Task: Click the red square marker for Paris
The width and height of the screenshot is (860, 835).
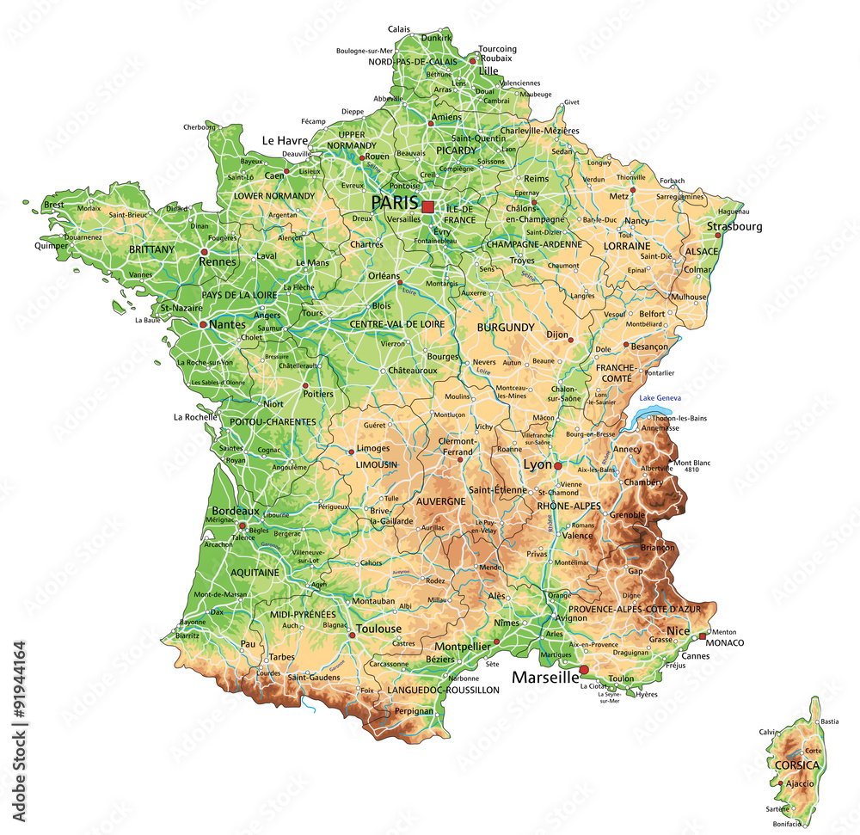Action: tap(427, 206)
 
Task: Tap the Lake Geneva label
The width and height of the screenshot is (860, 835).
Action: tap(659, 398)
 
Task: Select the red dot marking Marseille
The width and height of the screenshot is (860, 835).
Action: tap(584, 670)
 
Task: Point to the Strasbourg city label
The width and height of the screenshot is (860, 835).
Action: tap(734, 227)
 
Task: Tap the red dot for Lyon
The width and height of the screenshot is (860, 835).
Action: tap(557, 465)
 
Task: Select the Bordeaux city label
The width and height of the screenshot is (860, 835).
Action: tap(236, 511)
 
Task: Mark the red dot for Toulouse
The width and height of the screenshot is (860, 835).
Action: tap(353, 635)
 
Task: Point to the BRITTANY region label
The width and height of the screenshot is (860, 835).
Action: tap(151, 249)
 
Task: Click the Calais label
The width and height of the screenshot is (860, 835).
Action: tap(399, 28)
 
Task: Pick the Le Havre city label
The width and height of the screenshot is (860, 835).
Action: tap(285, 140)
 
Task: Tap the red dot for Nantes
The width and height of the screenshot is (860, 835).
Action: tap(203, 325)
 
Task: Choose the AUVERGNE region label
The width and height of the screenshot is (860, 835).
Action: tap(440, 500)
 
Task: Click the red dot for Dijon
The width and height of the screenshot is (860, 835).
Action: tap(570, 340)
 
